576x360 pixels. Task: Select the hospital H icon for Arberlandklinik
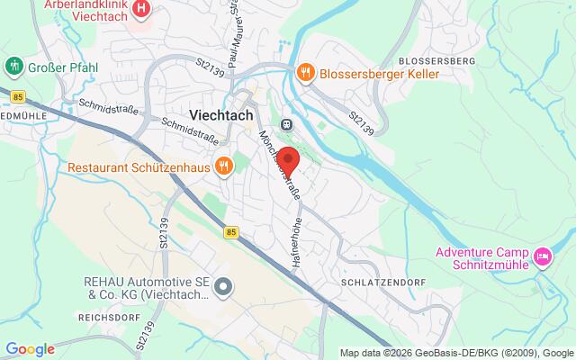140,10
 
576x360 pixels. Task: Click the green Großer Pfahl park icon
13,65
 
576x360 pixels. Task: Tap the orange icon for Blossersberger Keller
306,71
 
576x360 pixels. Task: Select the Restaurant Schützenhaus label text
138,166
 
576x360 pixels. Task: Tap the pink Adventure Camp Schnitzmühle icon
544,259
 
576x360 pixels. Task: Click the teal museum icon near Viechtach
286,124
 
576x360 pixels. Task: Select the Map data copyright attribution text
456,352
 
